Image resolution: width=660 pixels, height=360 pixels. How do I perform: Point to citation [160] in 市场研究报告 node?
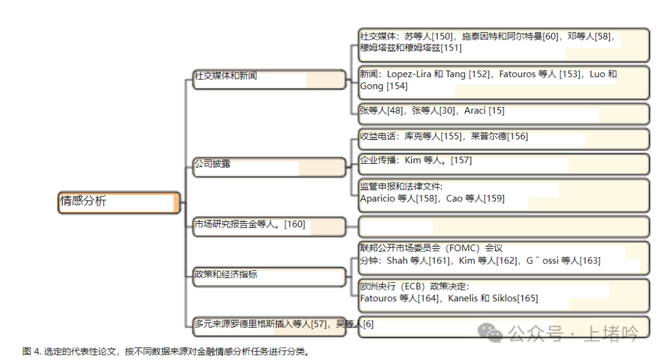click(295, 225)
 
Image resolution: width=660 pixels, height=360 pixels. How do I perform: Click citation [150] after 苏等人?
click(444, 37)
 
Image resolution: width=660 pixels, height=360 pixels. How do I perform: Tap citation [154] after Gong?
click(397, 87)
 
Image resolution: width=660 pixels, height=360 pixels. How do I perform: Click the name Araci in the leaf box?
click(475, 111)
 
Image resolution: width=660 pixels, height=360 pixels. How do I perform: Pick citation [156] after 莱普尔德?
click(518, 137)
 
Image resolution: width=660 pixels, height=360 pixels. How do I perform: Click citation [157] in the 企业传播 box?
click(461, 161)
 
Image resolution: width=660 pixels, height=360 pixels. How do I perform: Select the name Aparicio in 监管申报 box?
click(377, 199)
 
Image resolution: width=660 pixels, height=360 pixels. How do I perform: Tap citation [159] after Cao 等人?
click(494, 199)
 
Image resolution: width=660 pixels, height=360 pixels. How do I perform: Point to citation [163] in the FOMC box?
click(590, 261)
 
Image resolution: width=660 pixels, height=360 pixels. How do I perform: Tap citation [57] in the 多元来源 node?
click(319, 325)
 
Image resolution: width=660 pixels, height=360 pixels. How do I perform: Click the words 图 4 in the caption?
click(31, 352)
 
